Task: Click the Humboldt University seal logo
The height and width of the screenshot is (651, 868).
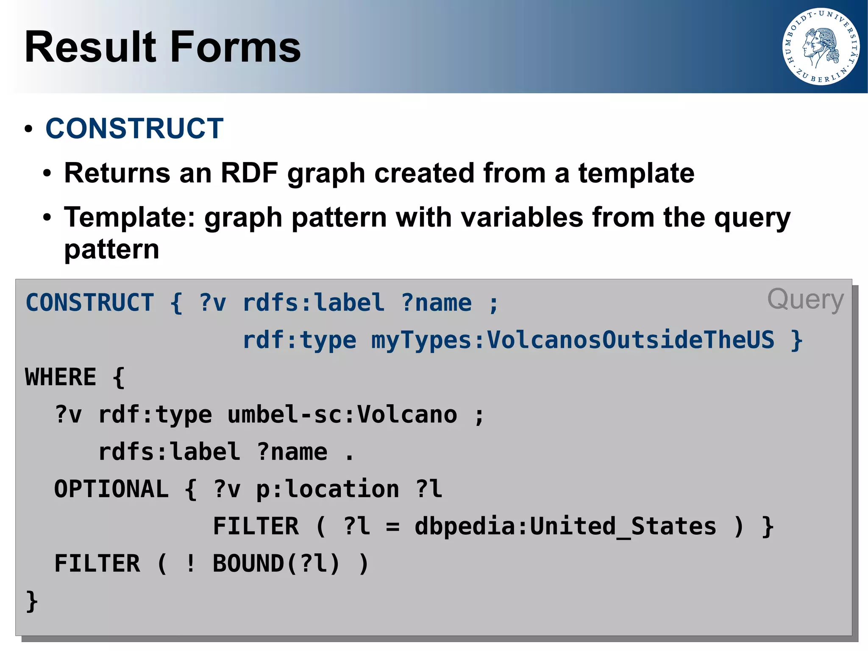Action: click(821, 47)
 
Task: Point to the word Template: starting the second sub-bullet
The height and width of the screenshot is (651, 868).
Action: click(129, 218)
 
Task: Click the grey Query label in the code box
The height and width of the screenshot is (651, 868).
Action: click(805, 300)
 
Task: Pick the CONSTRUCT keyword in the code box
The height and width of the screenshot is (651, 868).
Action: click(90, 303)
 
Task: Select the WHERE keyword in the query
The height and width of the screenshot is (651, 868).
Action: click(61, 377)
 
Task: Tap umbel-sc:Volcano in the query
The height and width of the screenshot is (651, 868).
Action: click(342, 414)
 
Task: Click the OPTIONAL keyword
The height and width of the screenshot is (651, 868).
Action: click(111, 489)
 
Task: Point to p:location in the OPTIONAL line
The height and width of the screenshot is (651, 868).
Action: click(328, 489)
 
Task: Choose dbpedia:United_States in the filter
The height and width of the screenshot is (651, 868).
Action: click(565, 526)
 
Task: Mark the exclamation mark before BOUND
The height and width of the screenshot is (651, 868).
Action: click(191, 564)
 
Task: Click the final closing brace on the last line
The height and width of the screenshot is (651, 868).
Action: click(32, 601)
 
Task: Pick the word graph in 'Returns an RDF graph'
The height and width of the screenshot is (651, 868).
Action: click(326, 174)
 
